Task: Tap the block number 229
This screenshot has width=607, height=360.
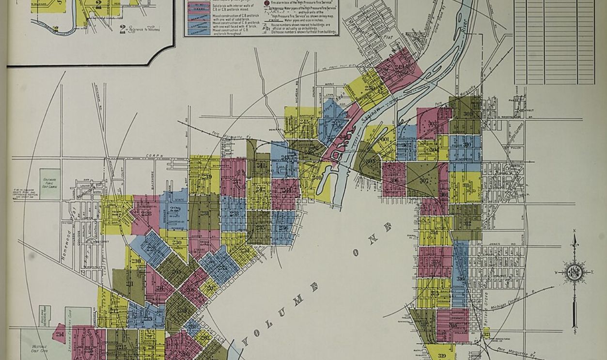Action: coord(175,209)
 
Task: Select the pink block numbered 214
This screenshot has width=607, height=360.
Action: coord(60,334)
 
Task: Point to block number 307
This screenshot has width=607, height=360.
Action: coord(424,181)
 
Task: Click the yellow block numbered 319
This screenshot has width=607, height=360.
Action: coord(441,355)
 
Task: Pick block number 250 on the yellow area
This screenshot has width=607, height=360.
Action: coord(370,88)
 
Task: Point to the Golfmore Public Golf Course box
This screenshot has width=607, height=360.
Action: coord(49,184)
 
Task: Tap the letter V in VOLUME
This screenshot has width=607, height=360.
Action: coord(247,340)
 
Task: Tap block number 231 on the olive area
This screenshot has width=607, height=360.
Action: coord(204,213)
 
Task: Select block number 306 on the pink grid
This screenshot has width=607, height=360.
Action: coord(394,180)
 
